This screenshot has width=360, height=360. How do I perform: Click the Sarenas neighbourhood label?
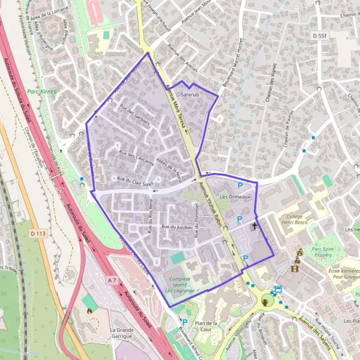click(189, 95)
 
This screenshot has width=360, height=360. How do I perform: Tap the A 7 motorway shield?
click(112, 280)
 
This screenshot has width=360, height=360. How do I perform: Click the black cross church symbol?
click(255, 226)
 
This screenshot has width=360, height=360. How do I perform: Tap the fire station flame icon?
click(90, 311)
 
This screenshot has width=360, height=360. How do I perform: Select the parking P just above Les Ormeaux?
click(241, 185)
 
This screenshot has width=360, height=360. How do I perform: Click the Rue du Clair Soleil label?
click(135, 179)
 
